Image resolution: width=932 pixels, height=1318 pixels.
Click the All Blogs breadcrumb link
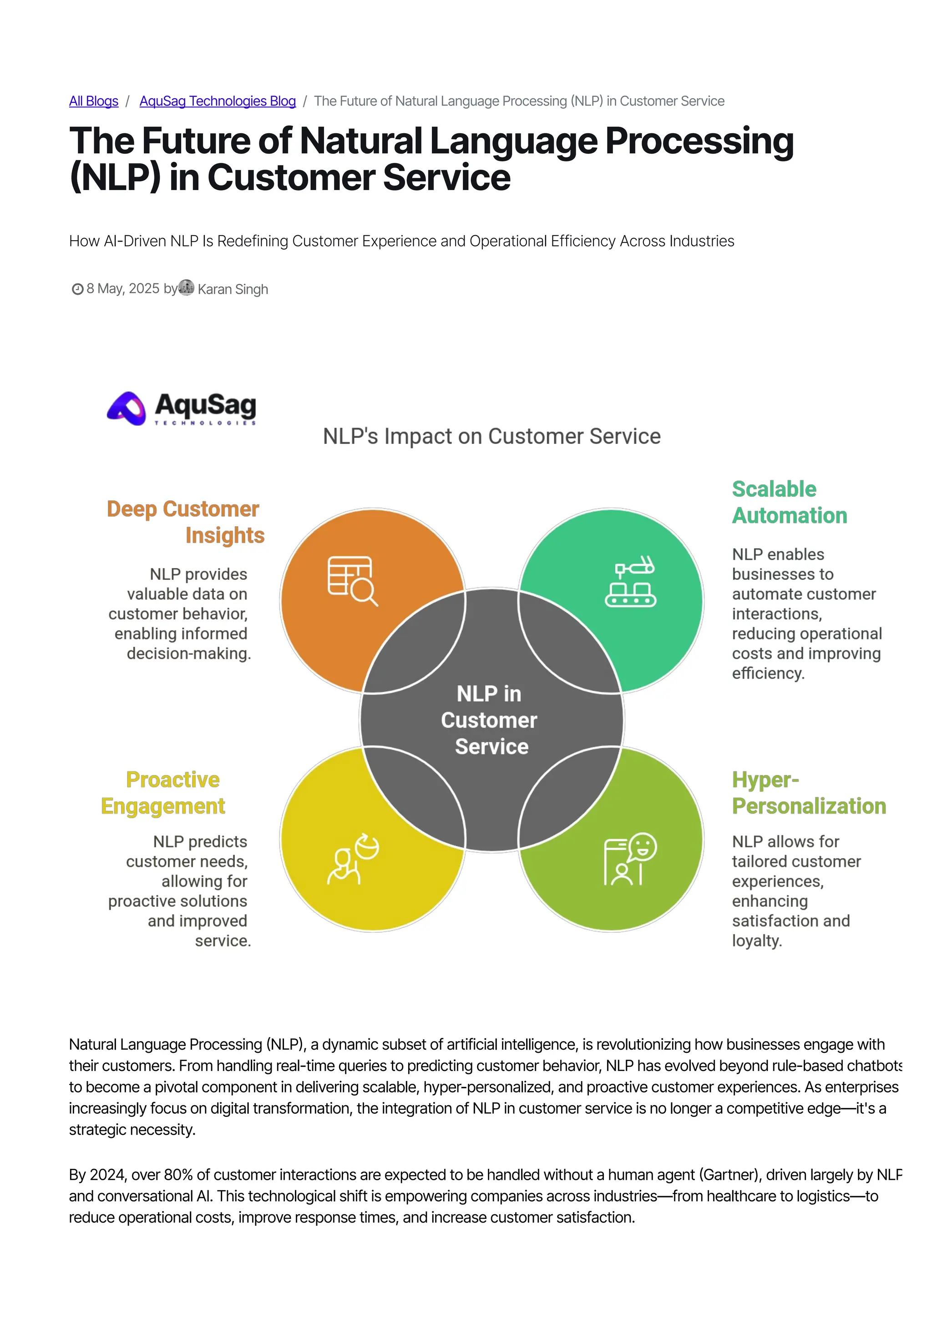click(94, 101)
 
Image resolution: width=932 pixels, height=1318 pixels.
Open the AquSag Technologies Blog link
click(218, 101)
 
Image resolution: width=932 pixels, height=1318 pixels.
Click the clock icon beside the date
click(77, 289)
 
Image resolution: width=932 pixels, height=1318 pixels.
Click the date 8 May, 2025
click(123, 289)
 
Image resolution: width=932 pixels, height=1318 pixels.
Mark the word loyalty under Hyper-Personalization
click(756, 941)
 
